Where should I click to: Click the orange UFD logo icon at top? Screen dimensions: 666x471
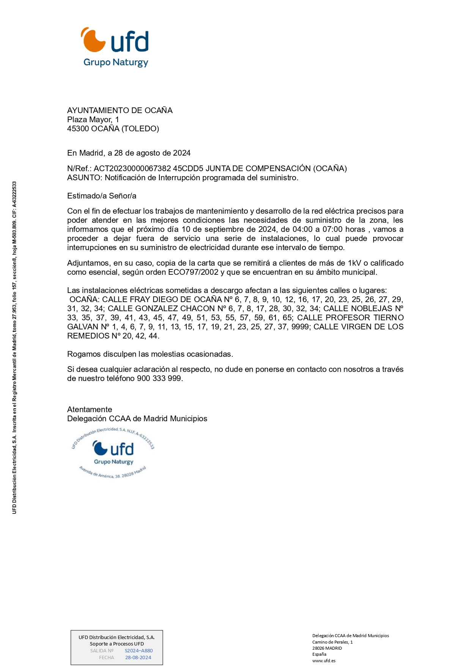(93, 40)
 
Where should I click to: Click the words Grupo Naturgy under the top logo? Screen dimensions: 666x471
(116, 62)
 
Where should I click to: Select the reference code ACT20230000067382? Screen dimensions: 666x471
(132, 168)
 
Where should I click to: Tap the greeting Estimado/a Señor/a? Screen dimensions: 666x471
(102, 196)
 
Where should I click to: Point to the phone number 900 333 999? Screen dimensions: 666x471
(159, 378)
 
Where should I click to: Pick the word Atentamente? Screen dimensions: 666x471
(90, 409)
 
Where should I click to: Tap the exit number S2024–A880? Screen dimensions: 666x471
(139, 650)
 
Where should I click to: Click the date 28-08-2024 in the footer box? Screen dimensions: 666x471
(138, 657)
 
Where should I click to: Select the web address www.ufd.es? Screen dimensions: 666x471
(324, 660)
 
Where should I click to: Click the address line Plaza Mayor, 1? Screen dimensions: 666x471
(93, 120)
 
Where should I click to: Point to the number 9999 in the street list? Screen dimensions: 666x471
(300, 327)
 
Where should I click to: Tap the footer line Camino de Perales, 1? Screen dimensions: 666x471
(332, 642)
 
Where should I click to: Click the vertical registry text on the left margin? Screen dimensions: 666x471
(14, 347)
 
